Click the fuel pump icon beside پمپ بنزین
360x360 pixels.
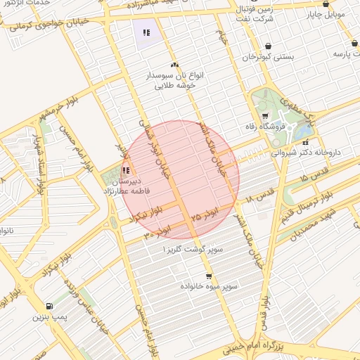pyautogui.click(x=48, y=306)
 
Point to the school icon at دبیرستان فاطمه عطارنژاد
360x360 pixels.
pyautogui.click(x=125, y=170)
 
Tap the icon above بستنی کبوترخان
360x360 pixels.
pyautogui.click(x=267, y=46)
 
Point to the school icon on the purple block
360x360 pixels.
pyautogui.click(x=146, y=32)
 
